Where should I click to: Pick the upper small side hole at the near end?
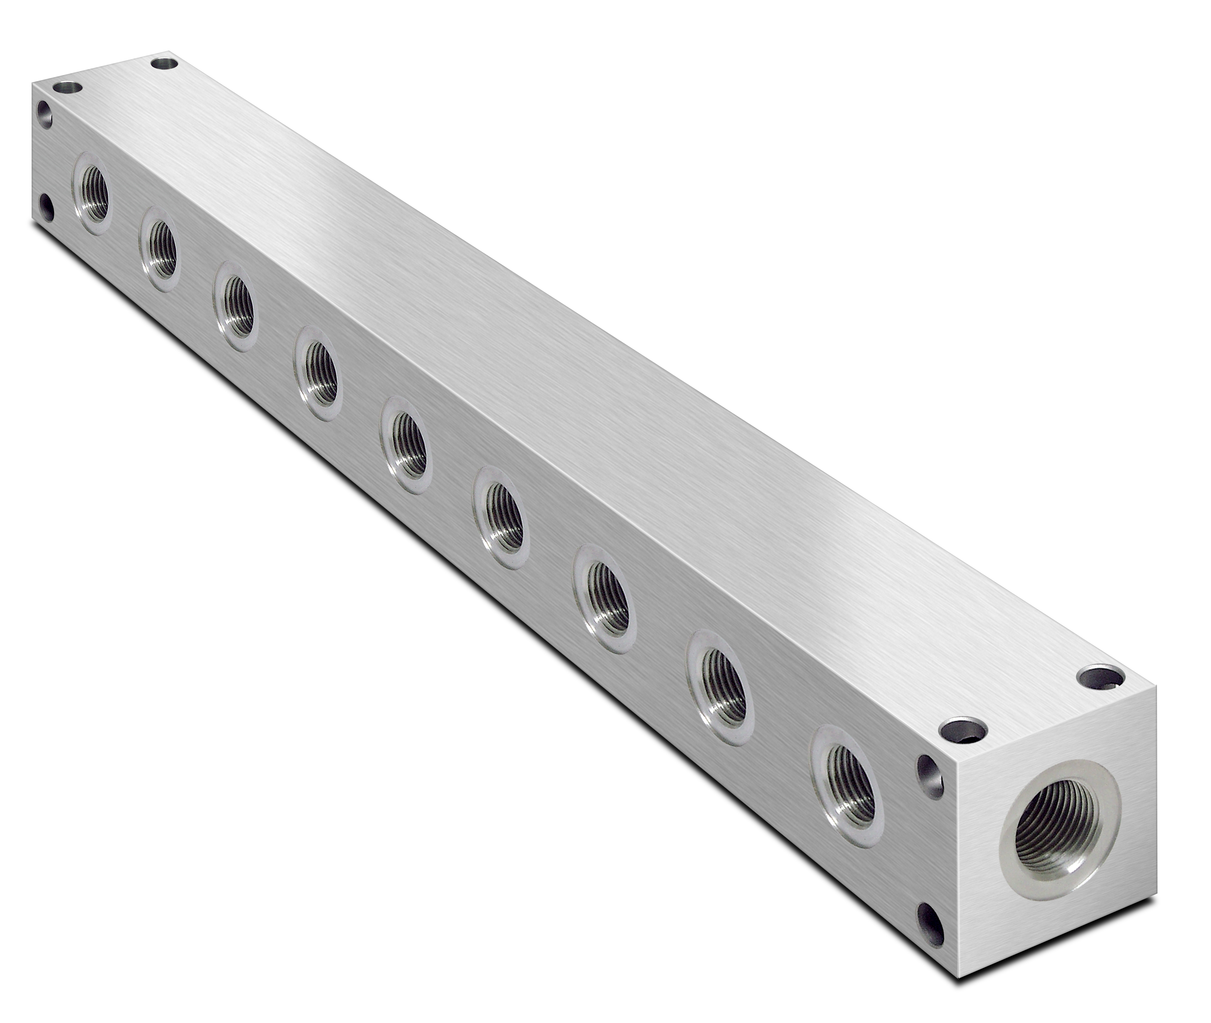click(929, 776)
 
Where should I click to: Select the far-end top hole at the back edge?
click(165, 63)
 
